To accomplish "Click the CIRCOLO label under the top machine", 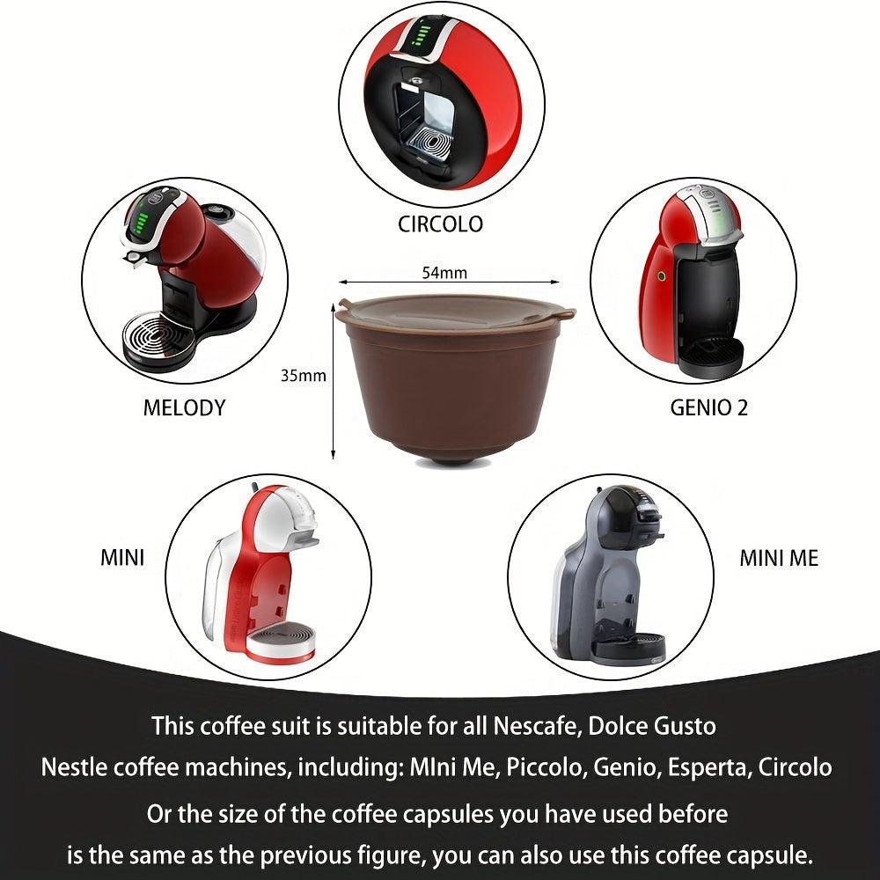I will point(440,224).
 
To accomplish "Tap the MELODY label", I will point(184,407).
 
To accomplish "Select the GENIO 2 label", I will point(709,408).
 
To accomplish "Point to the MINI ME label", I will point(778,558).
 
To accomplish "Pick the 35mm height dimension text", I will point(304,376).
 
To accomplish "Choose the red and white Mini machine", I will point(264,572).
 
